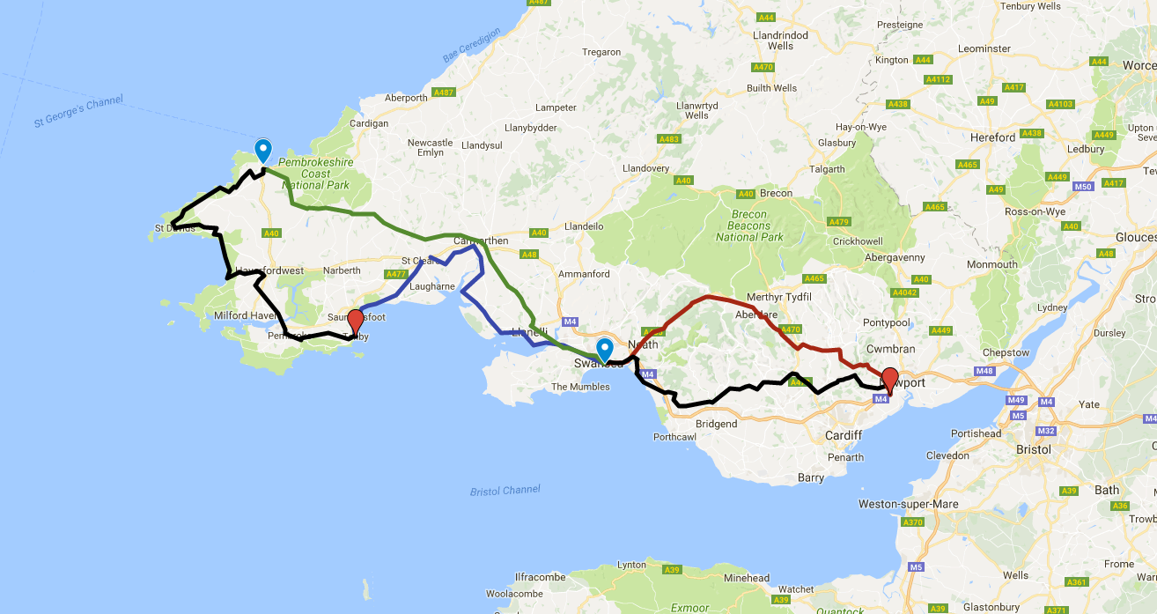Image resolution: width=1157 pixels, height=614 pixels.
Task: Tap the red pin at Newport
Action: point(889,379)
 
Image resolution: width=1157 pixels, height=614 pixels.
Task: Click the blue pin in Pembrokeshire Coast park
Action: point(262,151)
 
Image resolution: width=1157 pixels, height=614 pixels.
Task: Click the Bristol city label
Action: point(1033,449)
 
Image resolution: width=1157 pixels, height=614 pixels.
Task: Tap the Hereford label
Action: point(992,137)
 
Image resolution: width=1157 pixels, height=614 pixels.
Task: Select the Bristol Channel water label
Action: point(504,490)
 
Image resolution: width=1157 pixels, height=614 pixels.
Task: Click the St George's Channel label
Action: point(79,112)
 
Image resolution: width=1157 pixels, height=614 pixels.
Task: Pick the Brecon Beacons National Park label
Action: point(749,226)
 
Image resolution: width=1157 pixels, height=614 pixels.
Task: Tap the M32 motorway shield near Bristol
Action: point(1046,431)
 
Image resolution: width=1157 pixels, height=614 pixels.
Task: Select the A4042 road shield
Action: point(904,292)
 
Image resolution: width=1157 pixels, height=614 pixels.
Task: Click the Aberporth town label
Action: point(406,98)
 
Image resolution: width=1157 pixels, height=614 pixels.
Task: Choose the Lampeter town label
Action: point(556,107)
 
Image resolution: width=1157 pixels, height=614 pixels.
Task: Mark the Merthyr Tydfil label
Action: point(777,297)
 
